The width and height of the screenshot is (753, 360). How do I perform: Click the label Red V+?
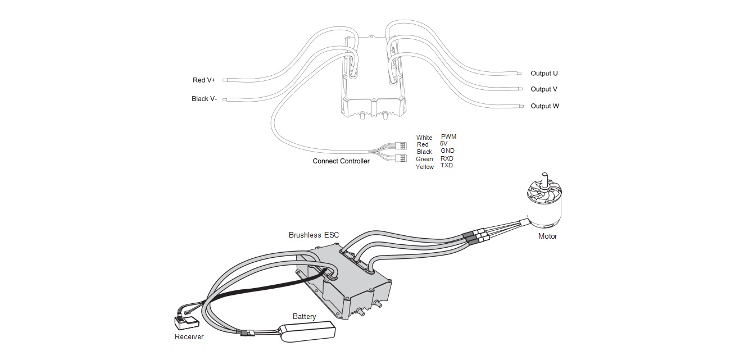pyautogui.click(x=204, y=80)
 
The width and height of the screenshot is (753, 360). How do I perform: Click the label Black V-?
pyautogui.click(x=204, y=99)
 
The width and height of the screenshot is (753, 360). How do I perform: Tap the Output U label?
pyautogui.click(x=544, y=74)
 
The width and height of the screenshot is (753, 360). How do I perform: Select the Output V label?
pyautogui.click(x=544, y=89)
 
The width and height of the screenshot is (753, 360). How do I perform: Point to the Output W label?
pyautogui.click(x=545, y=106)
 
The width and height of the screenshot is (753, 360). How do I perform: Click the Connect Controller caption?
pyautogui.click(x=341, y=161)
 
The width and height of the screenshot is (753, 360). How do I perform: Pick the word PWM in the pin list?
pyautogui.click(x=448, y=136)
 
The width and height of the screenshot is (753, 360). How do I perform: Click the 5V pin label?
pyautogui.click(x=444, y=144)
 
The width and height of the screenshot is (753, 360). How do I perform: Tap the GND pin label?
pyautogui.click(x=447, y=151)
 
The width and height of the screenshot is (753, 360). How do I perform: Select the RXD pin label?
pyautogui.click(x=447, y=158)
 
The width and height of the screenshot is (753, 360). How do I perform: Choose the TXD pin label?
pyautogui.click(x=447, y=166)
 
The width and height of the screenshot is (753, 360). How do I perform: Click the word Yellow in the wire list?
pyautogui.click(x=425, y=167)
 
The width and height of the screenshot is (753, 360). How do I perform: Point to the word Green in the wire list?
pyautogui.click(x=424, y=160)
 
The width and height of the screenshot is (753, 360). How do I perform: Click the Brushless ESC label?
pyautogui.click(x=314, y=235)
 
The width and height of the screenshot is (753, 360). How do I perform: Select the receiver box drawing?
pyautogui.click(x=186, y=323)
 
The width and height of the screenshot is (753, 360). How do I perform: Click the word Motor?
pyautogui.click(x=547, y=236)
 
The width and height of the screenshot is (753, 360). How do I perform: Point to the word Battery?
pyautogui.click(x=304, y=317)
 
